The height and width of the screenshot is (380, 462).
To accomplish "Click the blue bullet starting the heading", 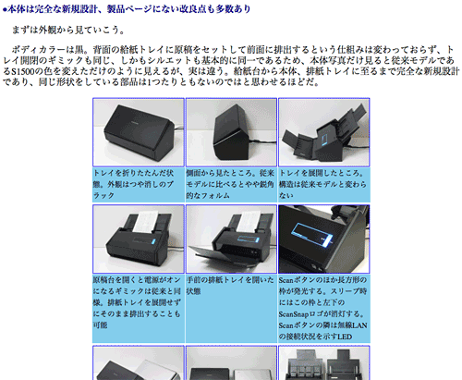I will tap(6, 9).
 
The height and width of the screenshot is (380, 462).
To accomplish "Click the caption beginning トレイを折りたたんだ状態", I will tap(138, 184).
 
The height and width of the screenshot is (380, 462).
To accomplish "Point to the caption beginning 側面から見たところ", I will tap(230, 184).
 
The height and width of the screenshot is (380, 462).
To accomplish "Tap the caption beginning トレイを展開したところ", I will tap(322, 184).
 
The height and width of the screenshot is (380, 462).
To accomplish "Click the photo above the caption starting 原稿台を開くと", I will tap(138, 238).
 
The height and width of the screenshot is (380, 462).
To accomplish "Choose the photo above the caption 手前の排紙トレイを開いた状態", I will tap(230, 238).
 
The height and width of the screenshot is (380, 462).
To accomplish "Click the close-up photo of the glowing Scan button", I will tap(322, 238).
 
